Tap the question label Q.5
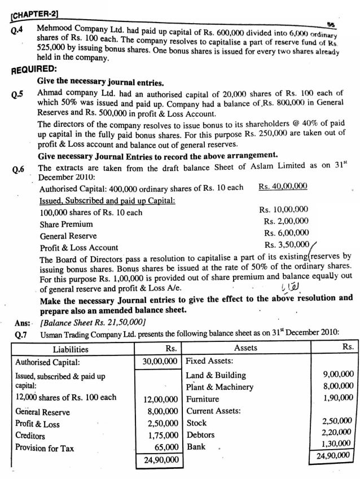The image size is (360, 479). point(19,93)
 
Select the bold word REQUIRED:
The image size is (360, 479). point(32,72)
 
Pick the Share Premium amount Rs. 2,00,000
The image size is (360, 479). point(286,222)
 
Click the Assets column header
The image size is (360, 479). point(245,348)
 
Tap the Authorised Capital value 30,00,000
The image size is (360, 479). point(160,362)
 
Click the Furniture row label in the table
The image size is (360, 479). point(202,398)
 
